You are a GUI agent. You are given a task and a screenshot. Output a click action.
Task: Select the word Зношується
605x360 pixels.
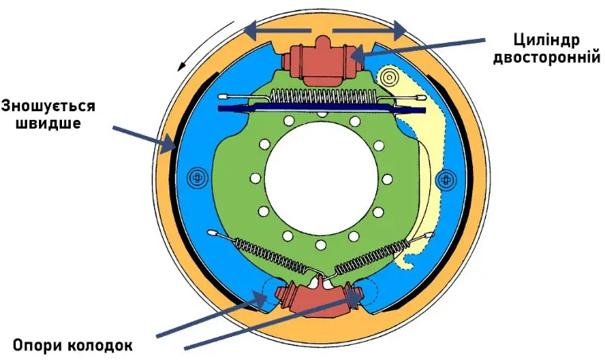[x=48, y=106]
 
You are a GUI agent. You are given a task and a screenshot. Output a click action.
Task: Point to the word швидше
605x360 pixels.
[x=48, y=124]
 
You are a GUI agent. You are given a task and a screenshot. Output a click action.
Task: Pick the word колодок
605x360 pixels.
[x=99, y=345]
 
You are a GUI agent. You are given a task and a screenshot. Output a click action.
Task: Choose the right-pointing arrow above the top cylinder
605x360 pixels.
[x=370, y=31]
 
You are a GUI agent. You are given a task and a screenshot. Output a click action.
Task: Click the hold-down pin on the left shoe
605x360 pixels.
[x=193, y=176]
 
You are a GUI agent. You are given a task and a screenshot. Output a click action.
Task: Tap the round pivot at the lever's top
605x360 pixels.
[x=390, y=78]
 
